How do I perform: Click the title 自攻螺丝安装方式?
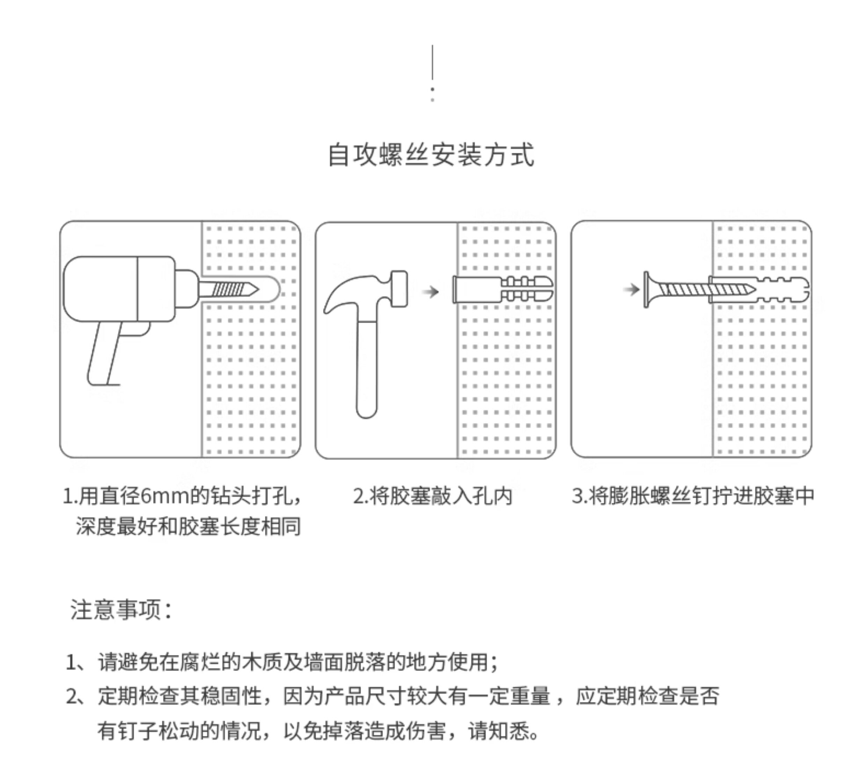[x=431, y=155]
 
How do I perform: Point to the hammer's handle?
[x=366, y=369]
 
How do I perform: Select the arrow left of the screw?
[x=631, y=289]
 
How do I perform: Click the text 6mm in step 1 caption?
[x=165, y=497]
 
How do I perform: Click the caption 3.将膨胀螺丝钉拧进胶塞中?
[x=692, y=496]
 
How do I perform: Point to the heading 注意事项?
[x=120, y=610]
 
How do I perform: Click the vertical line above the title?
[x=432, y=62]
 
